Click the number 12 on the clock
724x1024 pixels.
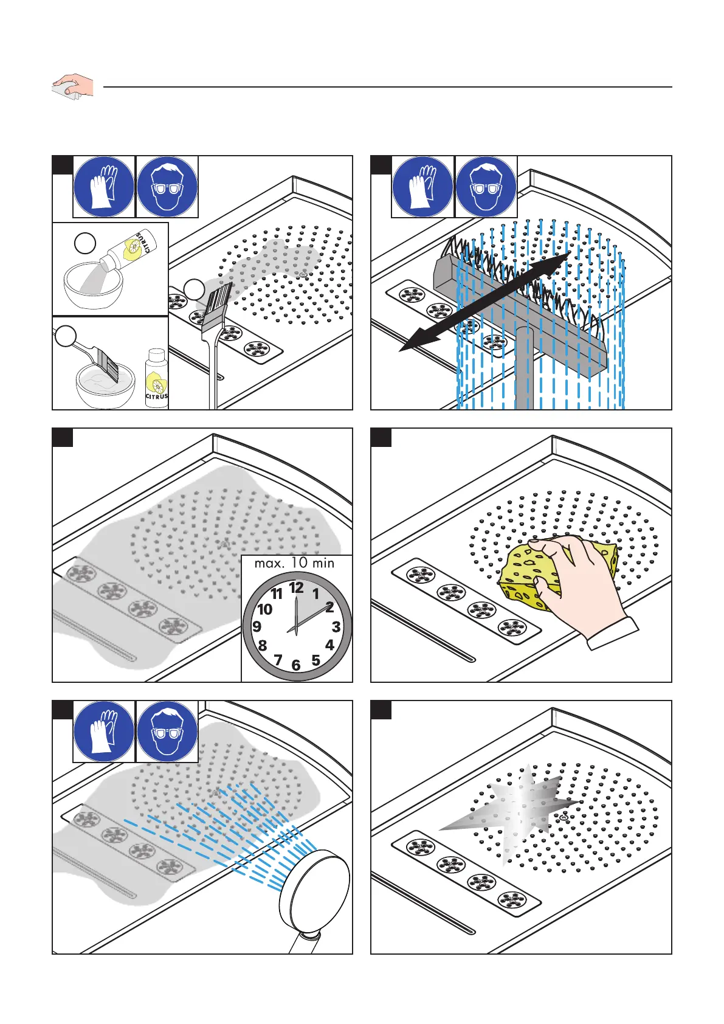pos(296,588)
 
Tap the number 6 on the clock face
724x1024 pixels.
pos(296,665)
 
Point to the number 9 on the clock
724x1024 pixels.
pos(257,626)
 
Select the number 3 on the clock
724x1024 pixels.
pos(336,627)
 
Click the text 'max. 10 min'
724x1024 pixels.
pos(294,563)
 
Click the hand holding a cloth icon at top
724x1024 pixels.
pos(72,86)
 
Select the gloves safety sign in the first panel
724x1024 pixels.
pos(104,187)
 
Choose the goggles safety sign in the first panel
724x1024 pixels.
pos(167,187)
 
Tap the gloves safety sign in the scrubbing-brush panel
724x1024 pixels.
pos(422,187)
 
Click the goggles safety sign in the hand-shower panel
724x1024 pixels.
pos(167,732)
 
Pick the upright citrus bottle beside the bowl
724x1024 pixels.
pos(156,378)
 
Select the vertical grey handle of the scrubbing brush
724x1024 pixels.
pos(523,371)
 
